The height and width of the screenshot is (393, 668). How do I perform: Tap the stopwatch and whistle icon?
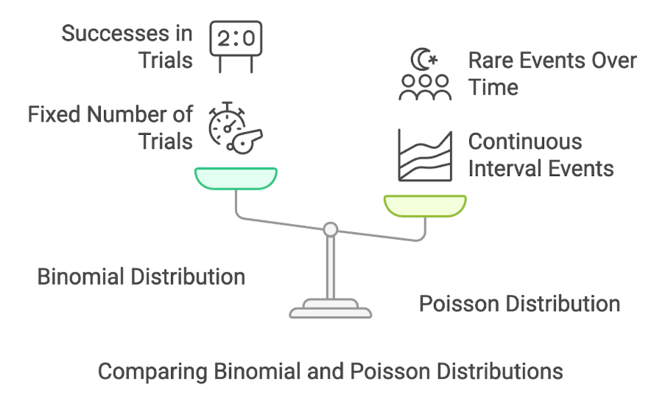point(235,128)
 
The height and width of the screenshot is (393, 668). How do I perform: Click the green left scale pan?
point(236,178)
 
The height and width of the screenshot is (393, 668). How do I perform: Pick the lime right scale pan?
point(425,206)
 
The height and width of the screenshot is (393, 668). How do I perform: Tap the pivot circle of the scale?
point(331,230)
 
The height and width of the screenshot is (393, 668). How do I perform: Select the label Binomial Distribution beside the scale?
point(141,277)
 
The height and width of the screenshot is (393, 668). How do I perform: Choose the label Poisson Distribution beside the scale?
point(519,303)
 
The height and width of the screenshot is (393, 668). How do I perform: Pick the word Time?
point(493,87)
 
